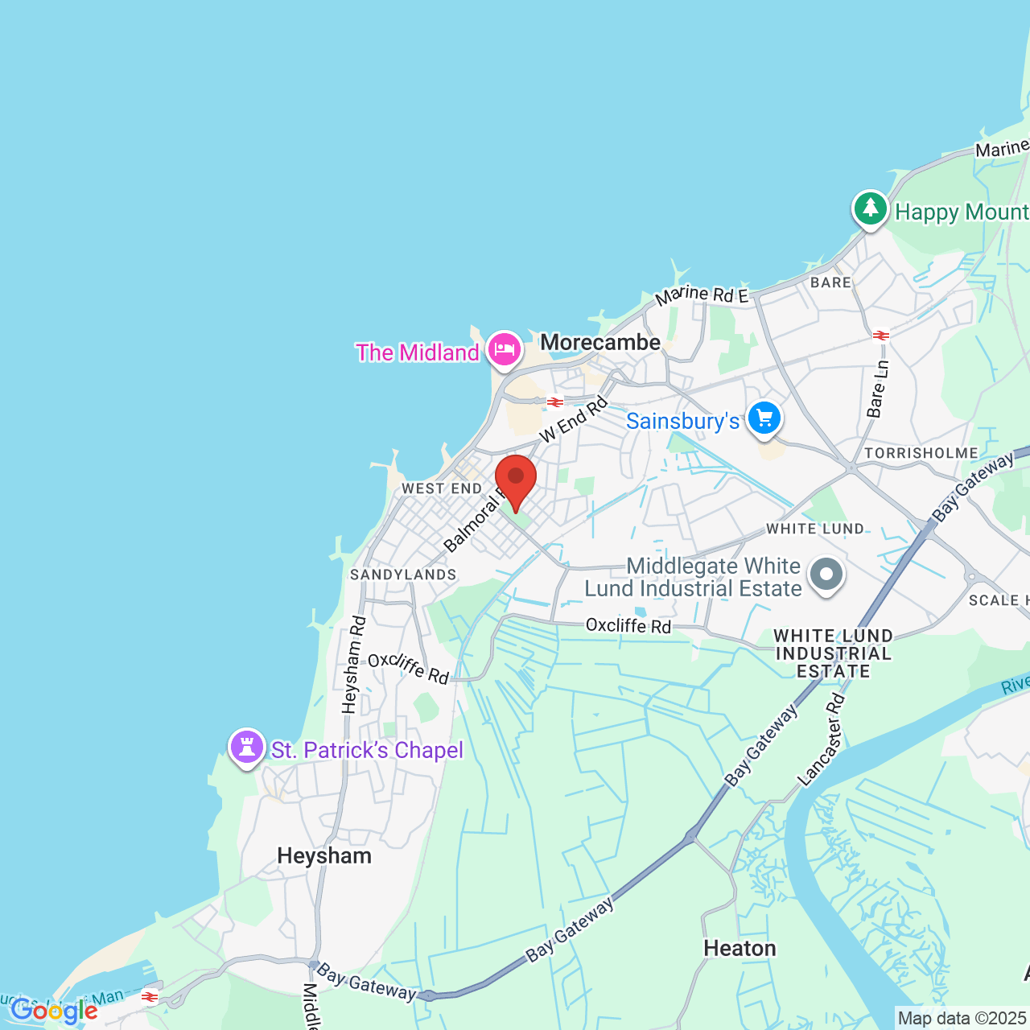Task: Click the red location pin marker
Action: point(515,480)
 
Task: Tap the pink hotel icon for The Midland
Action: point(504,351)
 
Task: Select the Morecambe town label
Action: point(600,343)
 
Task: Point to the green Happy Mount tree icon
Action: point(870,209)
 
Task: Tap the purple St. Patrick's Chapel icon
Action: point(247,748)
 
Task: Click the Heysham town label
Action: point(324,855)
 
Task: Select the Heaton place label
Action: point(740,949)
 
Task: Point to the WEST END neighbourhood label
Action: point(442,488)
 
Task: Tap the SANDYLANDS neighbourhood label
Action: point(403,575)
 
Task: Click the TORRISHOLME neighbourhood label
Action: point(921,453)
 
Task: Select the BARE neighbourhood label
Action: point(830,282)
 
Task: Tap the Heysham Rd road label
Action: point(353,665)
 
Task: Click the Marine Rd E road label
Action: point(702,295)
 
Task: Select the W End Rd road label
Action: point(573,419)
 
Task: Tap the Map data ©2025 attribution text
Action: point(962,1019)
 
